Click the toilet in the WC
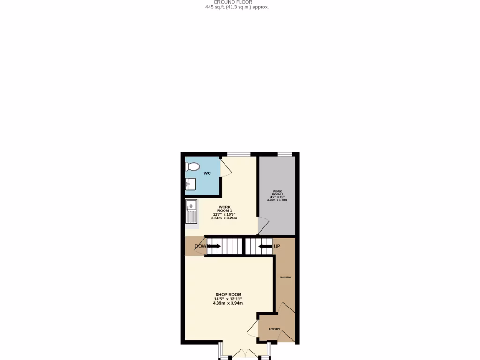tap(192, 166)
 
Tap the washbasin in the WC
tap(190, 184)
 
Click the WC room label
tap(207, 173)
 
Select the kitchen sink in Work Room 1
tap(192, 211)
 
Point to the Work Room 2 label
tap(277, 193)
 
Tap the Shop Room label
tap(228, 294)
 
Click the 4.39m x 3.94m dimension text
tap(228, 303)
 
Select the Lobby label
tap(274, 329)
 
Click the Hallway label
tap(285, 277)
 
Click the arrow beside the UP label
tap(265, 246)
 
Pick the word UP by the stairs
tap(277, 246)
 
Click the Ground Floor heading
tap(236, 2)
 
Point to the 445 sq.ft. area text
tap(237, 7)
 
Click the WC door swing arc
tap(226, 167)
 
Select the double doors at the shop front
tap(244, 353)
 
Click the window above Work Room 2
tap(285, 154)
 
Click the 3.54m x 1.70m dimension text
tap(277, 200)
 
